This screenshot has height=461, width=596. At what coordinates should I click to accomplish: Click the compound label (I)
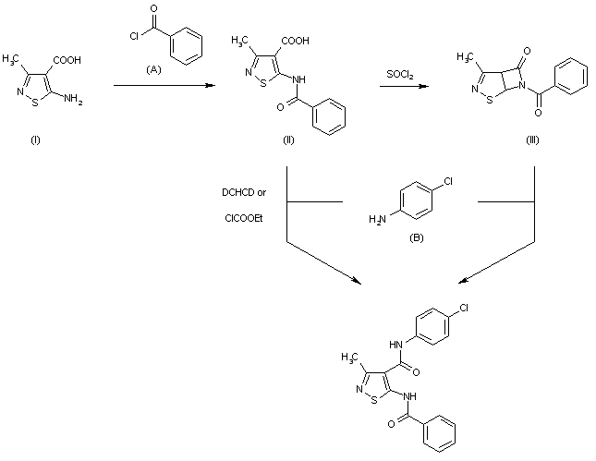[x=35, y=140]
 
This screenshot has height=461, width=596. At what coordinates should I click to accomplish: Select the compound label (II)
[x=288, y=140]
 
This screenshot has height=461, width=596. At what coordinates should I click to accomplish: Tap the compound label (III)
[x=532, y=140]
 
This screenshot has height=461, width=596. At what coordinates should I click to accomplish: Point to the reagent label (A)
[x=153, y=69]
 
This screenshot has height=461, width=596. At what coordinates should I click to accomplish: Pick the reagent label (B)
[x=416, y=238]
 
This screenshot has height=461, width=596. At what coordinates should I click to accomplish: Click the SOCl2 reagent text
[x=400, y=74]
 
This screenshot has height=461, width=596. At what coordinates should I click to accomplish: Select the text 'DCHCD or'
[x=244, y=193]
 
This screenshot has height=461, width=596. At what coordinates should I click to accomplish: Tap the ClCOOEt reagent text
[x=244, y=219]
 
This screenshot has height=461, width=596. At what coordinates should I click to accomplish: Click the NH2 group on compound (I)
[x=73, y=99]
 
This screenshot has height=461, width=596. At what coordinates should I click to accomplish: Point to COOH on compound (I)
[x=67, y=60]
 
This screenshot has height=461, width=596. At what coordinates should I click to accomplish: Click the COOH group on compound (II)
[x=296, y=41]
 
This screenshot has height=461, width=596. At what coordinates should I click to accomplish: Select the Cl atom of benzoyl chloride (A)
[x=134, y=36]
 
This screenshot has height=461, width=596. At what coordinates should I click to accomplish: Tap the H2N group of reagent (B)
[x=377, y=219]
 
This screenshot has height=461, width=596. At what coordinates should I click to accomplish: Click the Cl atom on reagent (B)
[x=448, y=182]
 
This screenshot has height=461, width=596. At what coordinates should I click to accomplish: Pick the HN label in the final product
[x=395, y=345]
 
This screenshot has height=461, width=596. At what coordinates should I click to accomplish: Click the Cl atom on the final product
[x=464, y=308]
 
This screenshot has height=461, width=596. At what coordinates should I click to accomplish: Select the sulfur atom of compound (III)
[x=490, y=100]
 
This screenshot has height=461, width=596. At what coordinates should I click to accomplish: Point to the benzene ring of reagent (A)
[x=187, y=46]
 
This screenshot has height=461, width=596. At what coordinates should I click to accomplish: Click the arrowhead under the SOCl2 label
[x=424, y=86]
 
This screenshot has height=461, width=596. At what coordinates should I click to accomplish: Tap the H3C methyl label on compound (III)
[x=466, y=57]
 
